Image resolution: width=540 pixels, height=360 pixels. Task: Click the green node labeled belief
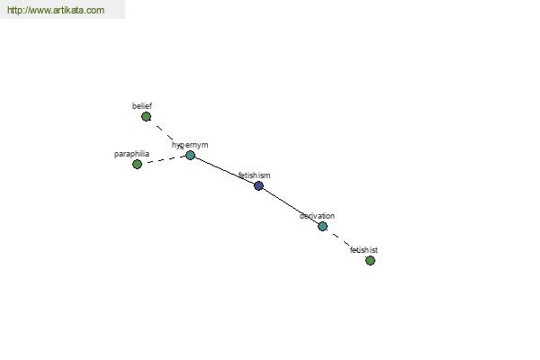coord(146,117)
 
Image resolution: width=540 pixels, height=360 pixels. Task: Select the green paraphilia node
coord(137,165)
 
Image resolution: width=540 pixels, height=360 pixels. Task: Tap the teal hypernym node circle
coord(191,156)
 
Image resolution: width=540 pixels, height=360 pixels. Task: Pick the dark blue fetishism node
coord(258,186)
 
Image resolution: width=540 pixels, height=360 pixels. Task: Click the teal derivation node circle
coord(323,226)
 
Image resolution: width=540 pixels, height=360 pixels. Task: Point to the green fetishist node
coord(370,260)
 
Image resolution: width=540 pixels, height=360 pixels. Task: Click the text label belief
coord(142,106)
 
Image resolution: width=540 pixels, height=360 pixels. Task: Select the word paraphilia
coord(131,154)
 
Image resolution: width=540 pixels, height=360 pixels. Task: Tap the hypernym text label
coord(190,145)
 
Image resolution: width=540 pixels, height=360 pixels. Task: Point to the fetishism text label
coord(254,175)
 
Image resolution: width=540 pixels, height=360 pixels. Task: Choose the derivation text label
coord(317,216)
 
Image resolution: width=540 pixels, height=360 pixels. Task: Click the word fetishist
coord(364,250)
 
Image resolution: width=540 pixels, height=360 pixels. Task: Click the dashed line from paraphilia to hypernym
coord(164,160)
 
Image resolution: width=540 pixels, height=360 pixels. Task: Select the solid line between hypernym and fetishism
coord(224,171)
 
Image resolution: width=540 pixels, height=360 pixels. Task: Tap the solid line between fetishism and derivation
coord(291,206)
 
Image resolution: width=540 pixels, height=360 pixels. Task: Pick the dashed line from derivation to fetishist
coord(346,243)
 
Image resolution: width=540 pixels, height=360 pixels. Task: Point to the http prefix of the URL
coord(13,10)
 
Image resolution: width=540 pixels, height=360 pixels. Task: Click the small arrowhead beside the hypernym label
coord(182,148)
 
